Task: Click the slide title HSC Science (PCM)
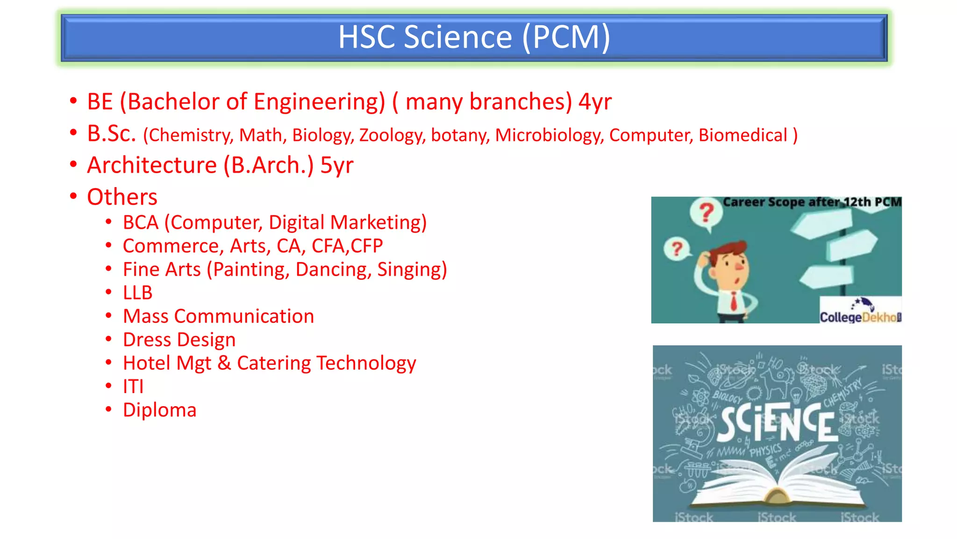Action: [474, 37]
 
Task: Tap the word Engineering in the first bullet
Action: [319, 102]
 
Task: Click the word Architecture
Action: [152, 165]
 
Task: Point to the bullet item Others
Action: [122, 197]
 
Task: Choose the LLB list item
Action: [137, 293]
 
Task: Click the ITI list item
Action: [133, 386]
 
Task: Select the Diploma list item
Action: [159, 410]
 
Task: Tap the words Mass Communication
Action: [218, 316]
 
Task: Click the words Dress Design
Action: [179, 340]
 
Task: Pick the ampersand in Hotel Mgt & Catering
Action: [224, 363]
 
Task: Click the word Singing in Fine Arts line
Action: [412, 269]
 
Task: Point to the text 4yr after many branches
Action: [595, 102]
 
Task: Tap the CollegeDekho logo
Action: [860, 311]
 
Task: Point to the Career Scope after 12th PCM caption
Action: [812, 202]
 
